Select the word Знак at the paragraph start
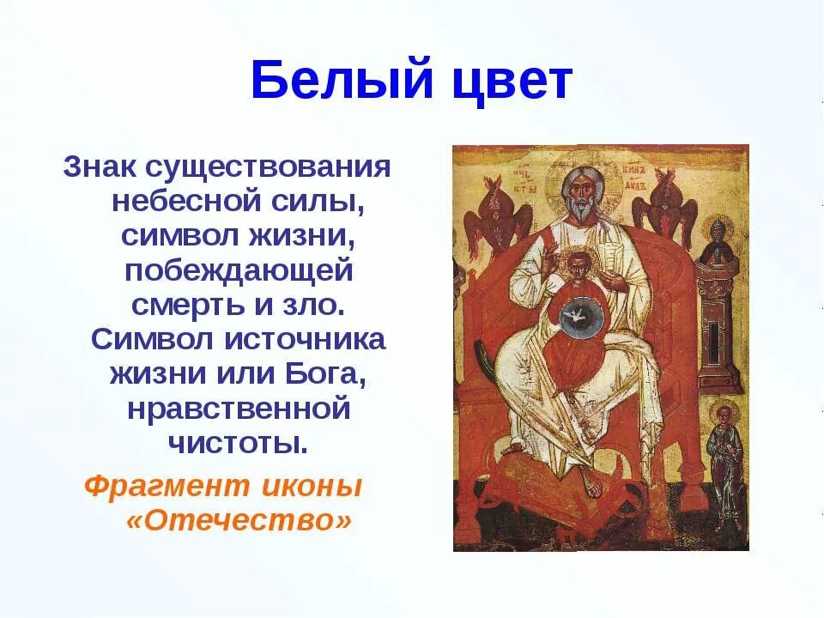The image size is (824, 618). [x=101, y=166]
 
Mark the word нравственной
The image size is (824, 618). [x=239, y=409]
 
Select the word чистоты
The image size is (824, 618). [x=239, y=443]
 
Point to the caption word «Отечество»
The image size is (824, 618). [x=239, y=521]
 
